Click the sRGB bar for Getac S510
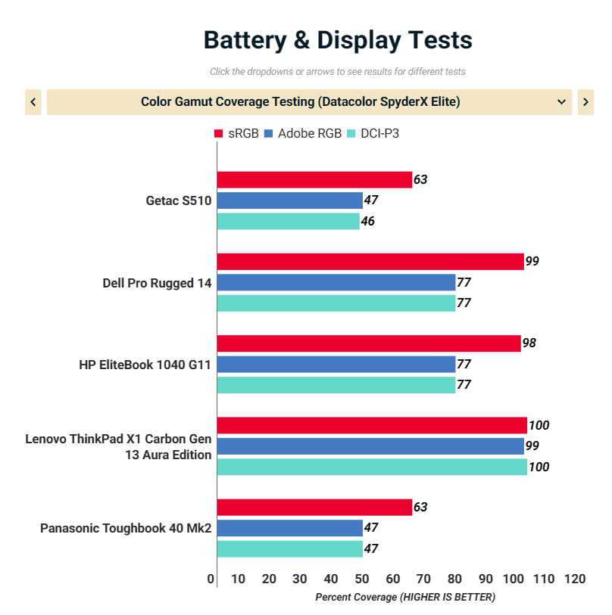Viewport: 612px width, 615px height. point(314,179)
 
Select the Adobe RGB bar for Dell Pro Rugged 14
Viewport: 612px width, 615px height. point(336,282)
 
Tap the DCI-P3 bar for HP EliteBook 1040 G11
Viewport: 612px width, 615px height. point(336,384)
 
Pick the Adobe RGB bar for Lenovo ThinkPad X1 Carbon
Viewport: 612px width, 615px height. point(370,446)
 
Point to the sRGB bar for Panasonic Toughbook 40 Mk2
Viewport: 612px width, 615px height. point(314,507)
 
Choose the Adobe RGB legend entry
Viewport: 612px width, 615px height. point(302,134)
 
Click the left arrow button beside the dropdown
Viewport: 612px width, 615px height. point(33,102)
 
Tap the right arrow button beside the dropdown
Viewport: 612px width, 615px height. point(585,102)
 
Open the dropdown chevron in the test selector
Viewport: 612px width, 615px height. point(561,102)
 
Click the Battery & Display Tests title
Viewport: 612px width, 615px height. point(338,40)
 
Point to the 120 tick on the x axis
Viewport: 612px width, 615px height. point(575,579)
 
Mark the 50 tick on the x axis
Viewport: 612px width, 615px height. point(362,579)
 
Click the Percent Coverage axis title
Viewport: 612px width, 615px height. point(404,598)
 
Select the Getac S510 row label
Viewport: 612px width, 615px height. point(179,201)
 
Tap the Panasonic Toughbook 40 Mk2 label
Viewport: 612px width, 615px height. point(126,528)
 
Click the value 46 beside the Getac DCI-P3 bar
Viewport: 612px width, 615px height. point(367,222)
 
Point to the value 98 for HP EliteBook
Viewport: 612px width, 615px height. point(529,343)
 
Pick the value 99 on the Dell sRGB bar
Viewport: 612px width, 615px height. point(532,262)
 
